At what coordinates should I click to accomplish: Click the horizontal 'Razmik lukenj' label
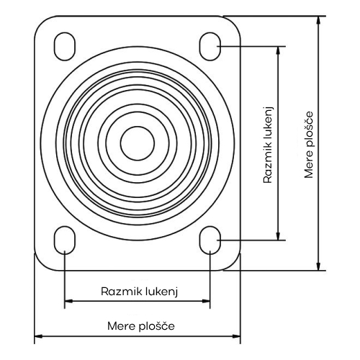(140, 292)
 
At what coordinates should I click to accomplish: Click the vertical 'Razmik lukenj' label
(269, 145)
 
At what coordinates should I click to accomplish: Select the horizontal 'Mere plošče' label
(141, 326)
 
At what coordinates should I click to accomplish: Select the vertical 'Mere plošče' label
(309, 145)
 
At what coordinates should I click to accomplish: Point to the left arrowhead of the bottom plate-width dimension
(38, 336)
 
